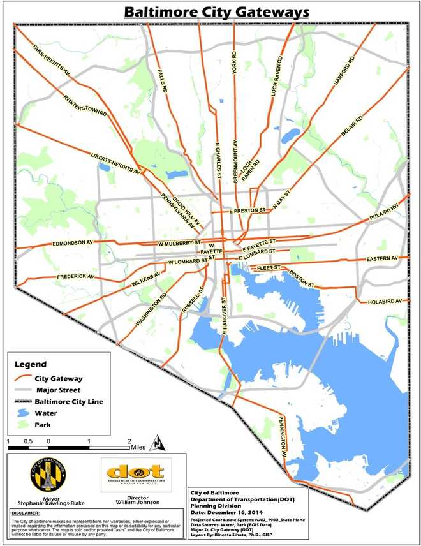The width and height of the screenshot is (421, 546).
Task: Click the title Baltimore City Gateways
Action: click(x=217, y=12)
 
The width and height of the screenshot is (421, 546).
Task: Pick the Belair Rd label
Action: click(x=352, y=128)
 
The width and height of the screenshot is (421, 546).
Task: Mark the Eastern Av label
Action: click(x=382, y=258)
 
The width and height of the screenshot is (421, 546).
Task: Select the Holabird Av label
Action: click(x=388, y=301)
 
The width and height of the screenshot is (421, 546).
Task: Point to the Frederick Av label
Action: click(x=75, y=277)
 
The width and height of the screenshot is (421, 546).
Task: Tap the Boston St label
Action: click(x=300, y=276)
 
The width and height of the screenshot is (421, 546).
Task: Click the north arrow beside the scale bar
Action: click(x=159, y=441)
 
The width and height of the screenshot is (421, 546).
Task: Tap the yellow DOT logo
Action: click(x=135, y=472)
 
